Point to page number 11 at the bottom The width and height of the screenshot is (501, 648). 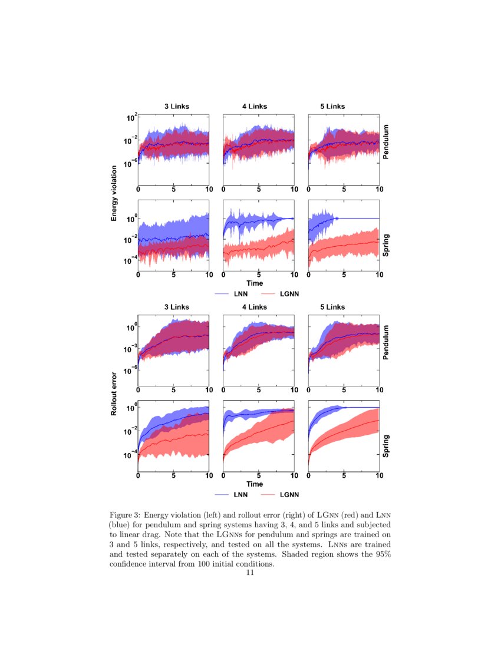tap(250, 573)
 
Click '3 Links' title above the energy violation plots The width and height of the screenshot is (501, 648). tap(177, 107)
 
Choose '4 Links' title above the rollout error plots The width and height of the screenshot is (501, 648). tap(255, 307)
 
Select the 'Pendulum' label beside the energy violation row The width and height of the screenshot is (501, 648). tap(386, 142)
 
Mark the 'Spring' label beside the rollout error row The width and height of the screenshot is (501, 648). tap(386, 447)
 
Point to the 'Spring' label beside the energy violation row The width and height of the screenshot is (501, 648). tap(386, 245)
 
